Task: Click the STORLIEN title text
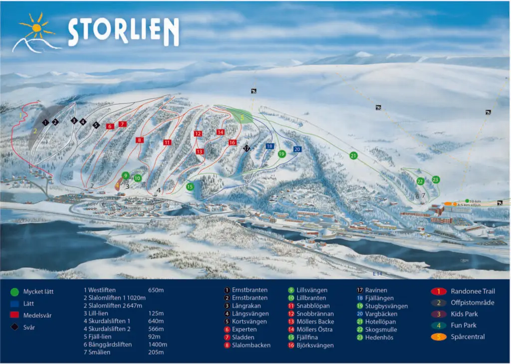[x=123, y=33]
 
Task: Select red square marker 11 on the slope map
[x=167, y=142]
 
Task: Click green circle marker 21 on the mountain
[x=353, y=156]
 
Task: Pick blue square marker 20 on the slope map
[x=297, y=149]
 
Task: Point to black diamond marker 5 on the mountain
[x=96, y=125]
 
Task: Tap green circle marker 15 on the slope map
[x=190, y=187]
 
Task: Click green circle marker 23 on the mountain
[x=436, y=179]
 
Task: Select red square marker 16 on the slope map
[x=232, y=142]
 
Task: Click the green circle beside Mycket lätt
[x=14, y=292]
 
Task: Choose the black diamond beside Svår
[x=14, y=327]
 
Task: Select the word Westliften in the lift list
[x=107, y=290]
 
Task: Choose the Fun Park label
[x=464, y=326]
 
